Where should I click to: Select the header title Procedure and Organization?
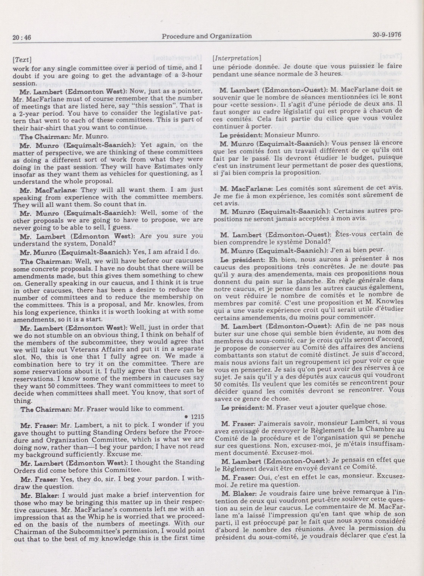(x=207, y=36)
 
